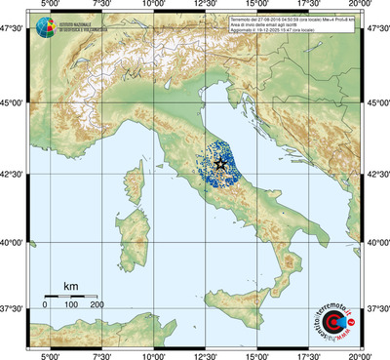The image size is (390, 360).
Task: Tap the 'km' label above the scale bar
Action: coord(70,286)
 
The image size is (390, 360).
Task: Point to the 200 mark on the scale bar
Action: coord(97,304)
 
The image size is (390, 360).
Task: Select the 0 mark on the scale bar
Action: coord(46,304)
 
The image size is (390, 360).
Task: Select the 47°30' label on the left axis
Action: coord(13,31)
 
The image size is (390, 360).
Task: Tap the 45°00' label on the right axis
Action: coord(377,104)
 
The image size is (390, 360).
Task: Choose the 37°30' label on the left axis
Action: coord(13,308)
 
